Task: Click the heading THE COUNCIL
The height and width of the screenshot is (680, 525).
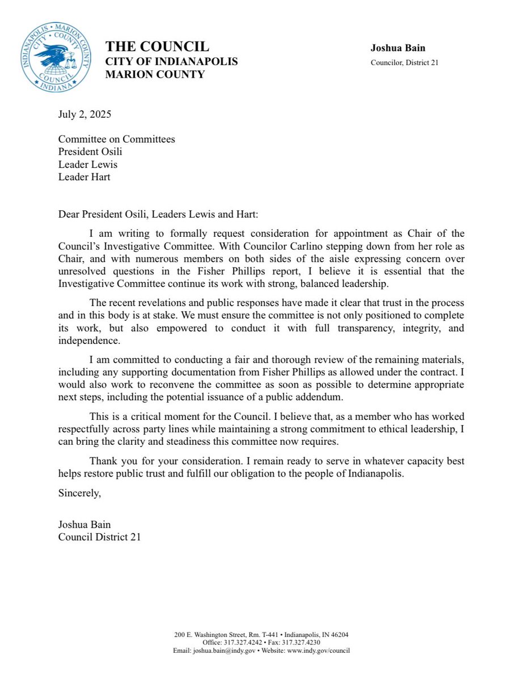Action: click(157, 46)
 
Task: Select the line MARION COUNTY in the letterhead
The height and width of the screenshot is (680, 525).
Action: click(155, 74)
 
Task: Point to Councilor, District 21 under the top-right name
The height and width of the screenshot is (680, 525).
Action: click(404, 63)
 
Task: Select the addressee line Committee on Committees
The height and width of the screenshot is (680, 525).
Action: click(116, 139)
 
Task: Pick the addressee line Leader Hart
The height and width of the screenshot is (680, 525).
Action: click(84, 177)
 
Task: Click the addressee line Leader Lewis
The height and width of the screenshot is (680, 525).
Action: click(88, 165)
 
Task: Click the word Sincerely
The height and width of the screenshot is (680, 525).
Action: click(79, 493)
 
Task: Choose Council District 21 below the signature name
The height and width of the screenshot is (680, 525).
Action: click(99, 537)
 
